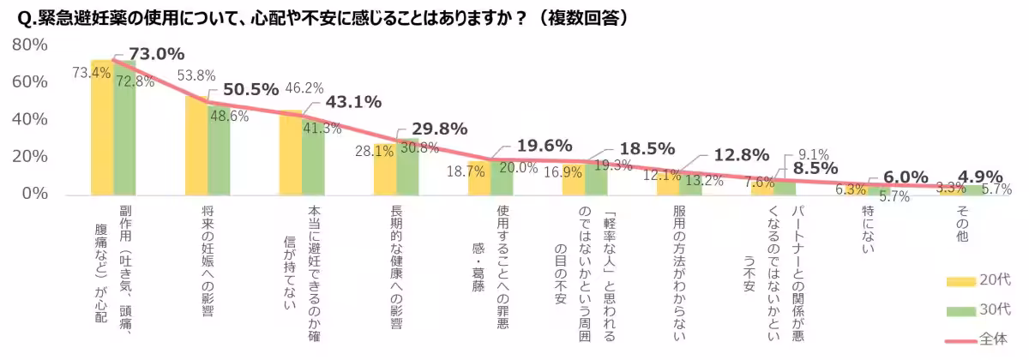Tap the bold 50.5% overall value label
tap(250, 89)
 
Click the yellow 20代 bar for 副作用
tap(102, 129)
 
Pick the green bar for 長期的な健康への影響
tap(407, 167)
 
